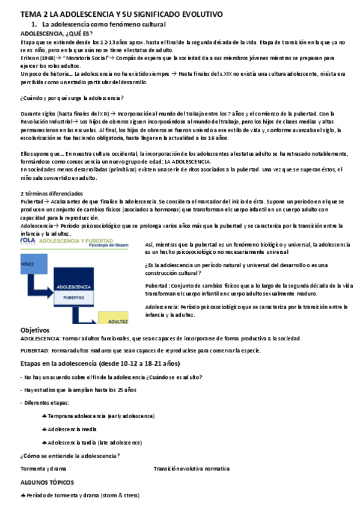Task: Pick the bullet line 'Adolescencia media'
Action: click(x=72, y=429)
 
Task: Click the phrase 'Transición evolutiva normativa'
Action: click(x=191, y=469)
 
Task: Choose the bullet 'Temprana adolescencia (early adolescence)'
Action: click(x=94, y=416)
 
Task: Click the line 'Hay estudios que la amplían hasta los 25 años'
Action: click(x=81, y=390)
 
